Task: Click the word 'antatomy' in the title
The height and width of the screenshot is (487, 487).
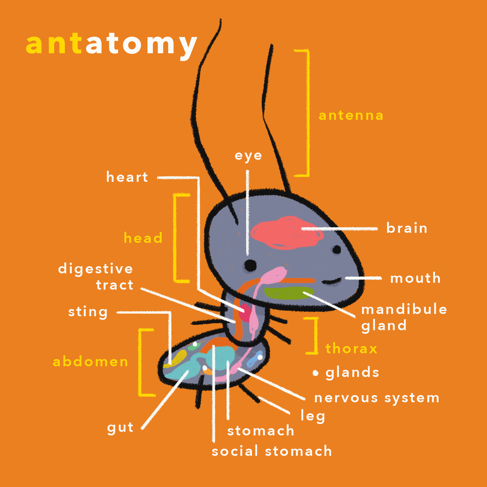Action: (111, 44)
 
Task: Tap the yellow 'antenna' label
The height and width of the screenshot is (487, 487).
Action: (351, 116)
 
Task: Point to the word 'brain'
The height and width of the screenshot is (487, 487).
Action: (407, 228)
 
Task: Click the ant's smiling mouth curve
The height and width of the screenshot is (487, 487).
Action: (332, 281)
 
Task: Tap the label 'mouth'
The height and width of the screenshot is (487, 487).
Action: (415, 278)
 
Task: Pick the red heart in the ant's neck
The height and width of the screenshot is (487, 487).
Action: (245, 312)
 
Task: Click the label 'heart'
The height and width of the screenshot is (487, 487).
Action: (127, 177)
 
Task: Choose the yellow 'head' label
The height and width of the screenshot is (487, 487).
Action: (143, 238)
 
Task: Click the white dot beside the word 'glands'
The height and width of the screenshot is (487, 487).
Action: (316, 373)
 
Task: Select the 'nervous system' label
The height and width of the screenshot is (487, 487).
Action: (377, 398)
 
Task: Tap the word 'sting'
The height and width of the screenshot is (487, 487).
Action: (88, 312)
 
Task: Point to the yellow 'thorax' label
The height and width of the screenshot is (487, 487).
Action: (351, 349)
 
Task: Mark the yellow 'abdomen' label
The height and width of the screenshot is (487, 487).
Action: (91, 362)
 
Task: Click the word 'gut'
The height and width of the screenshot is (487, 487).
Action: (120, 428)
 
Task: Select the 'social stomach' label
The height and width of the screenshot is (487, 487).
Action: (272, 452)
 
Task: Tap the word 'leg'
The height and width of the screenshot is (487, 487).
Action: (313, 416)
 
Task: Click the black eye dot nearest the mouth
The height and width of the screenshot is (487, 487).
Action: (337, 250)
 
